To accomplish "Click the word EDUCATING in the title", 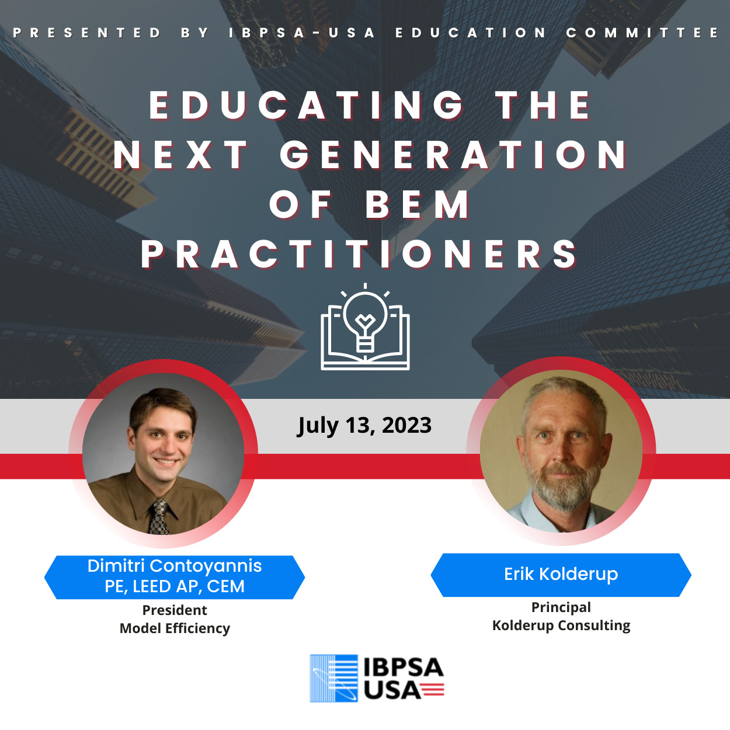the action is (x=307, y=105).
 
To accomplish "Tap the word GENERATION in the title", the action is (x=453, y=155).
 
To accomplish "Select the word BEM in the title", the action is (x=417, y=204).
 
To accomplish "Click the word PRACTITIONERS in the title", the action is (x=359, y=254).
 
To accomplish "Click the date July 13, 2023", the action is (x=364, y=426).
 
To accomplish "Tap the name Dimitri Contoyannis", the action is (x=175, y=566).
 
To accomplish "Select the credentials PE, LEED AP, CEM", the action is (x=175, y=586).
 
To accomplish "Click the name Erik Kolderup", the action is (x=561, y=574).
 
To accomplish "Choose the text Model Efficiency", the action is (x=175, y=628).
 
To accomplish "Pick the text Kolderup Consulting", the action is (x=561, y=625).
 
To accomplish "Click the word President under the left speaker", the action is (x=175, y=610).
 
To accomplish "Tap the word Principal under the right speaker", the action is (x=561, y=607).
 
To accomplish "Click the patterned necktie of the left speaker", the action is (x=158, y=517).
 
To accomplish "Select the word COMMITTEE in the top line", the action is (x=643, y=33).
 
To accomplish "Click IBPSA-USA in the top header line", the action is (x=302, y=33).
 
